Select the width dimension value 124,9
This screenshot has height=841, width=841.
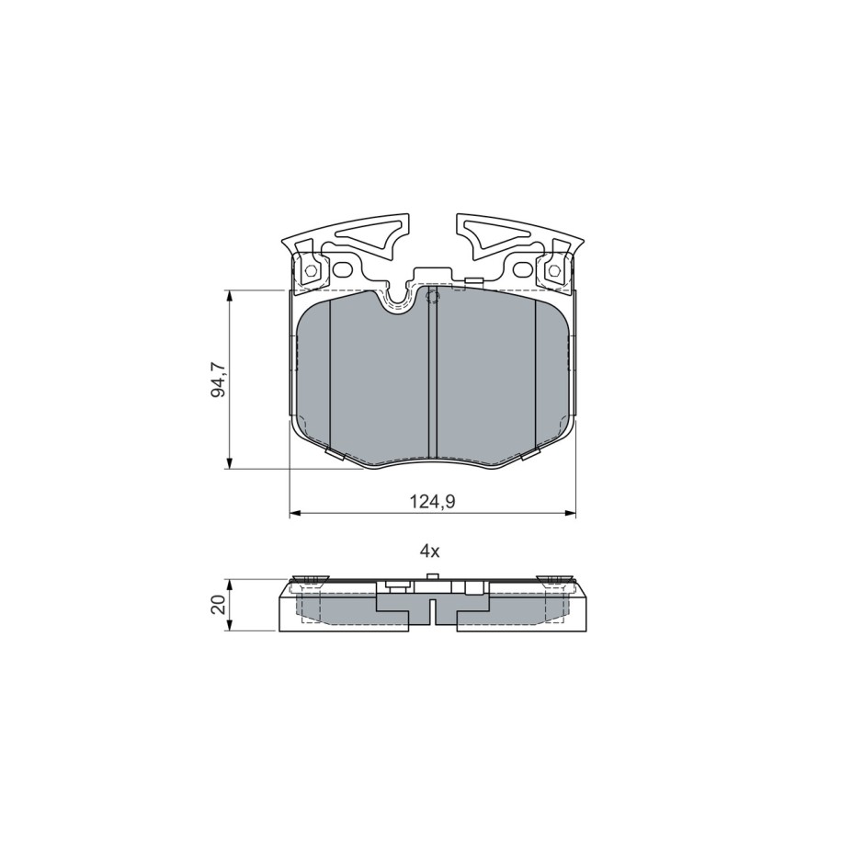pos(432,502)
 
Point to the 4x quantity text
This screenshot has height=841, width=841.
pos(429,551)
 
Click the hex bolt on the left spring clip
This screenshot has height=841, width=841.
pos(310,270)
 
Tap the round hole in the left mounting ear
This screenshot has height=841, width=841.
pos(342,270)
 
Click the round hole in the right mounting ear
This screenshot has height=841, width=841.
pos(522,270)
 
